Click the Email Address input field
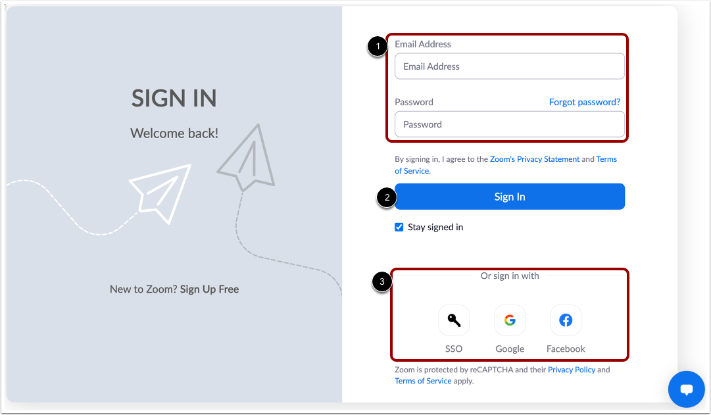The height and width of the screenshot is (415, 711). (x=509, y=66)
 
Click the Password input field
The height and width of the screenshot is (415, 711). (x=509, y=124)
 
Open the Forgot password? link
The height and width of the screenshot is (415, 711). (x=584, y=102)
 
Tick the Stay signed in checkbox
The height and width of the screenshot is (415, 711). (x=399, y=227)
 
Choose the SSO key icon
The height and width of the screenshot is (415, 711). (x=454, y=320)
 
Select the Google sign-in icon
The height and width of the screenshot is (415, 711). (x=510, y=320)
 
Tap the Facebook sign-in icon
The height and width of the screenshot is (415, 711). (x=566, y=320)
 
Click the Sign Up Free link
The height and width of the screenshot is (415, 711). (x=209, y=289)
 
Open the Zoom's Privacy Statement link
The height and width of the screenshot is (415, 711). (x=535, y=159)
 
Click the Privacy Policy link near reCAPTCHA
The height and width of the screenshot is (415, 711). (x=571, y=370)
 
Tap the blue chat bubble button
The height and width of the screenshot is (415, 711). (x=687, y=389)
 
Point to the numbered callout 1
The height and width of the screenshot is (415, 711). (x=377, y=47)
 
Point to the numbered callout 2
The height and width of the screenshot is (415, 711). (x=386, y=197)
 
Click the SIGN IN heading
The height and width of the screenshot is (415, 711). (x=174, y=98)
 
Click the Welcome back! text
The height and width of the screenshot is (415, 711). (x=174, y=134)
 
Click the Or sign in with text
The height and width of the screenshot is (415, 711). (x=510, y=276)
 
